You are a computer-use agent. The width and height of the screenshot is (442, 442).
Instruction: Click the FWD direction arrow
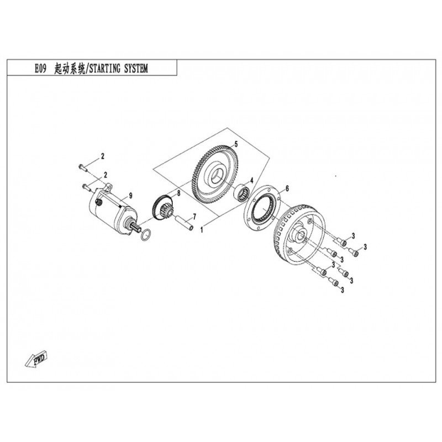[36, 359]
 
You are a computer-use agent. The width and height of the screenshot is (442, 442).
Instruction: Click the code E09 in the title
[40, 69]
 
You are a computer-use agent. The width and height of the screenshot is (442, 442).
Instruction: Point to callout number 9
[130, 196]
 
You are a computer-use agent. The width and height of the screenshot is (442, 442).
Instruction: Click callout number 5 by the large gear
[236, 144]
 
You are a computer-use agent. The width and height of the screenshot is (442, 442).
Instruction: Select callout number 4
[252, 180]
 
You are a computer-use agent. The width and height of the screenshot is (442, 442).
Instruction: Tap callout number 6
[287, 188]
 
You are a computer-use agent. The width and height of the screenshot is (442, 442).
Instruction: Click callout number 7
[194, 217]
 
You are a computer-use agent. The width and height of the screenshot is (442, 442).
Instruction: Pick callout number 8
[178, 193]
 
